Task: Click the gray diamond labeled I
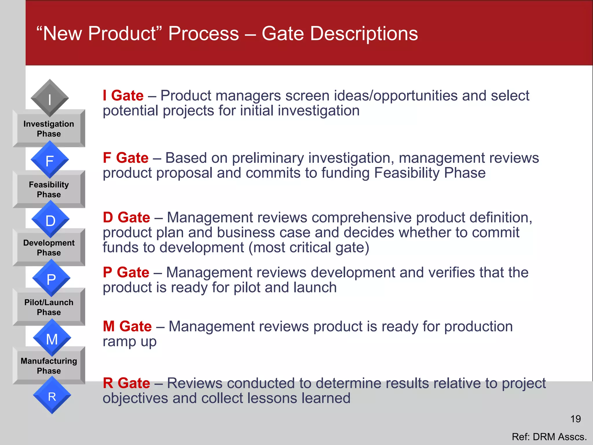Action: pyautogui.click(x=50, y=99)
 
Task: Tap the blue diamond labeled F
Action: pyautogui.click(x=50, y=160)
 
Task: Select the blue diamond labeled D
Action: pyautogui.click(x=50, y=220)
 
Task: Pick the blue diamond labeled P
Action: pyautogui.click(x=51, y=278)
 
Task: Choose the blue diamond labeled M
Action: pyautogui.click(x=52, y=338)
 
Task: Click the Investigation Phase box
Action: pyautogui.click(x=49, y=129)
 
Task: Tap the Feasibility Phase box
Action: pyautogui.click(x=49, y=190)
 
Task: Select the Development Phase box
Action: pyautogui.click(x=49, y=248)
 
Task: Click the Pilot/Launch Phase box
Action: pyautogui.click(x=49, y=307)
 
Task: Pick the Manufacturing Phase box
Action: pyautogui.click(x=49, y=366)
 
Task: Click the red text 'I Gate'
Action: pyautogui.click(x=123, y=96)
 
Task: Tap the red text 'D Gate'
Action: pyautogui.click(x=127, y=217)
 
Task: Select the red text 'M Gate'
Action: pyautogui.click(x=127, y=327)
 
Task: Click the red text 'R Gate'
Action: pyautogui.click(x=127, y=383)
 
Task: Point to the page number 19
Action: pyautogui.click(x=575, y=419)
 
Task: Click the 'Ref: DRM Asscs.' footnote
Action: pyautogui.click(x=549, y=437)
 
